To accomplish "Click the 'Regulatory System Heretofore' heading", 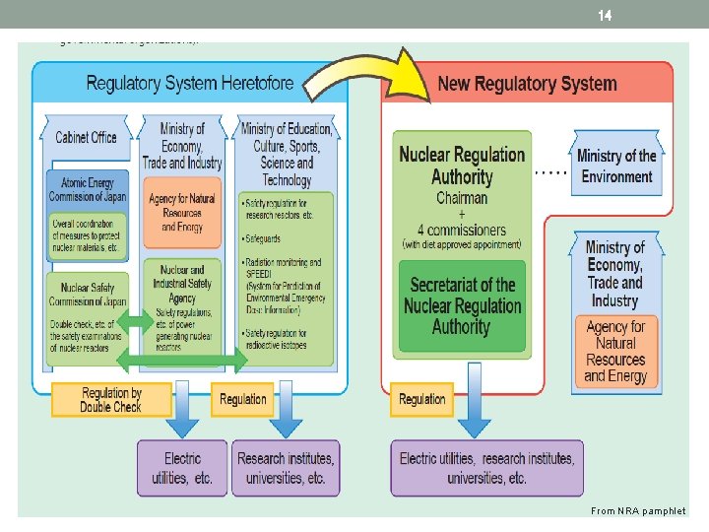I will [190, 82].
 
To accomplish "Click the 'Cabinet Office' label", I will [86, 137].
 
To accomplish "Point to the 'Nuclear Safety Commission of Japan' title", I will [87, 295].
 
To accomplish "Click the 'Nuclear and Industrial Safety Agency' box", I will [182, 284].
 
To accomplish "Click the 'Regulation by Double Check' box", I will [110, 399].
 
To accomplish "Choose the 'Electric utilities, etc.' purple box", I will [182, 468].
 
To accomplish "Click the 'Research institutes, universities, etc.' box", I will [285, 468].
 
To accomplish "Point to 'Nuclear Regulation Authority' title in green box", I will [462, 166].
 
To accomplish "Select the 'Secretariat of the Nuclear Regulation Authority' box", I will [461, 305].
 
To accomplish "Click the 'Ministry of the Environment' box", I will [616, 166].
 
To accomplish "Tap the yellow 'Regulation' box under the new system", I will [422, 399].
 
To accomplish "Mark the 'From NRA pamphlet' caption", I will [637, 510].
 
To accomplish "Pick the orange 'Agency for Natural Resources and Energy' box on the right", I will [615, 351].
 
